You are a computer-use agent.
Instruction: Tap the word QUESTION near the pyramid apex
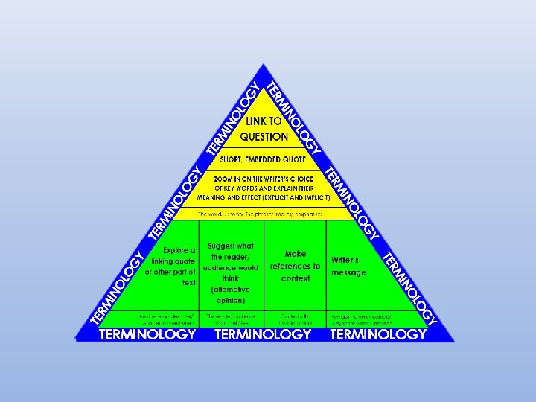coord(264,136)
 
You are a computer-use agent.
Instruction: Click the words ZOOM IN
coord(228,179)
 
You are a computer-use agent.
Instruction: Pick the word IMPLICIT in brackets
coord(313,198)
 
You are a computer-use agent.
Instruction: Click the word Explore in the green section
coord(179,250)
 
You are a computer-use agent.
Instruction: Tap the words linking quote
coord(170,261)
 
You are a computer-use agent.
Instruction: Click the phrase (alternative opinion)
coord(230,295)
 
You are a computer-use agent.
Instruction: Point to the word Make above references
coord(296,254)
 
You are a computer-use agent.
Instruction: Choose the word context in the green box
coord(296,278)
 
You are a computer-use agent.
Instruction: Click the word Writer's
coord(345,261)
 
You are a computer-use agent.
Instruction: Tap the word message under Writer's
coord(348,272)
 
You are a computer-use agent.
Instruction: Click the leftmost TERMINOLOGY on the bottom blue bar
coord(147,334)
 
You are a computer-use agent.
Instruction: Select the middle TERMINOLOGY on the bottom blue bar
coord(263,334)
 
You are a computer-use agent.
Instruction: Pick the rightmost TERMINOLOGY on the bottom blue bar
coord(378,334)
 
